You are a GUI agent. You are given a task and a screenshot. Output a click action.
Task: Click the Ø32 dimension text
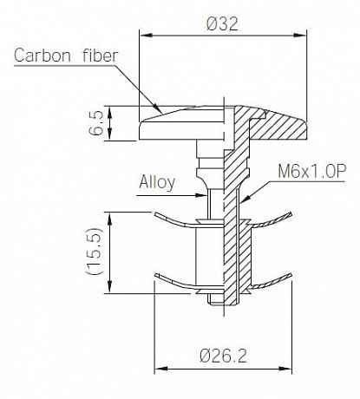222,23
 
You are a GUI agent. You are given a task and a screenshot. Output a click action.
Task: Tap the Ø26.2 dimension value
224,356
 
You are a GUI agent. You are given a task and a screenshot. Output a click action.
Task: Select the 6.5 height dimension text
96,123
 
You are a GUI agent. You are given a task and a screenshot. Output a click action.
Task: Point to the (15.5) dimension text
95,251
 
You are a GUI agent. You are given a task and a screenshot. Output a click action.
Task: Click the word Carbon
43,56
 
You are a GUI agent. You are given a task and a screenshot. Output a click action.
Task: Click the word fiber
100,56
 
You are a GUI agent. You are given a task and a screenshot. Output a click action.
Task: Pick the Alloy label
157,183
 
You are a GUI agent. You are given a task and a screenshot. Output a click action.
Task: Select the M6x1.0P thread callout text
311,172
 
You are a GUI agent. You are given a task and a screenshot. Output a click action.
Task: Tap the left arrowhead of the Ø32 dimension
146,36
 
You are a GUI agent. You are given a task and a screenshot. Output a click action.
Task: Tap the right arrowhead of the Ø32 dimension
300,36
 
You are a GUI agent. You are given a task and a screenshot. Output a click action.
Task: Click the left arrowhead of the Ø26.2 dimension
160,369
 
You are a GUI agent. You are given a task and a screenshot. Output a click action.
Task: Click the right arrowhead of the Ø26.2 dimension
285,369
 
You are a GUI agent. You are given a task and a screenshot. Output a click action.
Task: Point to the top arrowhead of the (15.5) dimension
109,219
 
